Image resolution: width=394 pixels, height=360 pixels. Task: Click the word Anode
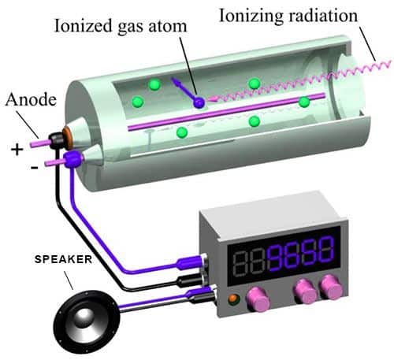coord(31,99)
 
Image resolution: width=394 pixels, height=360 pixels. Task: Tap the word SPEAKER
coord(63,259)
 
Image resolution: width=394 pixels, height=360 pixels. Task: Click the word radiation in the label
coord(323,16)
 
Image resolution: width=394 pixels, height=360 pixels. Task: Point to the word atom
coord(168,27)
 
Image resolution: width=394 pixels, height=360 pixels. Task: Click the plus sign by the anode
coord(17,150)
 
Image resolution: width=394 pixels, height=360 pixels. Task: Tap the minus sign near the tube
coord(35,167)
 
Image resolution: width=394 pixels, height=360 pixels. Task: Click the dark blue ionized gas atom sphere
coord(199,102)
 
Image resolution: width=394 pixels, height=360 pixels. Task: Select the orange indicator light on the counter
coord(233,299)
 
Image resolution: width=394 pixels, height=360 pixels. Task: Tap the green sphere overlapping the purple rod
coord(304,102)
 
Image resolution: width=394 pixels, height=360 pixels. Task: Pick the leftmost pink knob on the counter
coord(257,299)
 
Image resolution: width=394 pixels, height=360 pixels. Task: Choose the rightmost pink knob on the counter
coord(332,288)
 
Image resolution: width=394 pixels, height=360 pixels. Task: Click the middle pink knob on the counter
coord(305,291)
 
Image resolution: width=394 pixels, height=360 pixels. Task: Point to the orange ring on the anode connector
coord(68,136)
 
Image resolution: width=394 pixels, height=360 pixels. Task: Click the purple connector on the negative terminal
coord(73,159)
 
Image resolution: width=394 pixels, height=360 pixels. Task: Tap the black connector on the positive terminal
coord(56,141)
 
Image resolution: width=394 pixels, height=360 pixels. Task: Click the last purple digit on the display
coord(325,250)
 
